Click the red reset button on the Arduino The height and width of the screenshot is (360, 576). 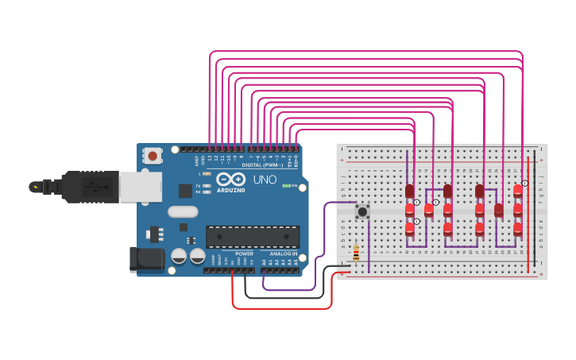tap(153, 156)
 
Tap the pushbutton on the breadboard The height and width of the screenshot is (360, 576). tap(362, 211)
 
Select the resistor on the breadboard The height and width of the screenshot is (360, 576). tap(356, 253)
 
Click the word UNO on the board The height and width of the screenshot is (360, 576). tap(265, 180)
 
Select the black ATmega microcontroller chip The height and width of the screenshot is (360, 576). tap(253, 236)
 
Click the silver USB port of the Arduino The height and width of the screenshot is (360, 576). tap(141, 187)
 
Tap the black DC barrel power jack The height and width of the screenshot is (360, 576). tap(145, 258)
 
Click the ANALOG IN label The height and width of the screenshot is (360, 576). tap(284, 254)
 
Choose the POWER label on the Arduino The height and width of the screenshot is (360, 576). tap(244, 254)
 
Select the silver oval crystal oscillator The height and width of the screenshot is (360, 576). tap(182, 211)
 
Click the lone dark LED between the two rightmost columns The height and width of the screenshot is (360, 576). tap(498, 210)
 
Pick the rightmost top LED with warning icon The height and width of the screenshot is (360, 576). tap(518, 191)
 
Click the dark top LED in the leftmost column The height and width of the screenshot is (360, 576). tap(410, 191)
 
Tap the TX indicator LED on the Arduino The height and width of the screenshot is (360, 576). tap(207, 186)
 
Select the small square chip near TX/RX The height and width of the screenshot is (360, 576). tap(185, 191)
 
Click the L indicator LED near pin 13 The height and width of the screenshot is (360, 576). tap(207, 173)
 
